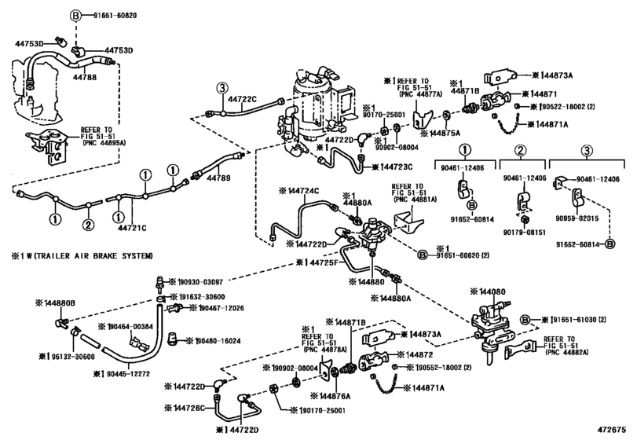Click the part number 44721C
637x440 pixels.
point(133,227)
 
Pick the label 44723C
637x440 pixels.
point(397,167)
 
